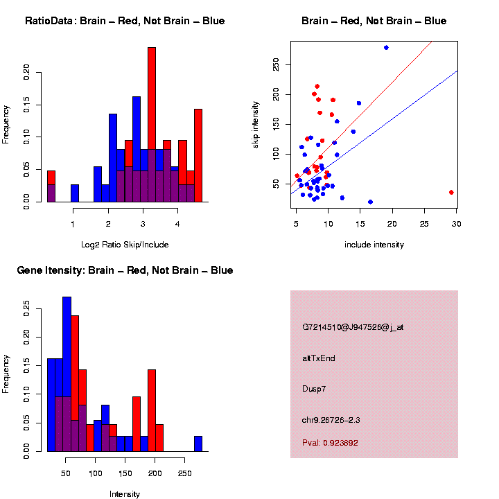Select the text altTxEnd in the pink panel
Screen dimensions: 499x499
[x=318, y=358]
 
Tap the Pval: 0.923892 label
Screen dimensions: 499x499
[x=330, y=442]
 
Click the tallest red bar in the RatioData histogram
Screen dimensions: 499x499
[x=152, y=125]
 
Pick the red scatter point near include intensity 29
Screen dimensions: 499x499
[x=451, y=192]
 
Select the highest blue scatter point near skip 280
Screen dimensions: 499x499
[x=386, y=48]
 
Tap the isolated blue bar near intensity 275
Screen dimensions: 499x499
[x=198, y=444]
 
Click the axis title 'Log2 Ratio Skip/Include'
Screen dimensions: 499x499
[x=125, y=245]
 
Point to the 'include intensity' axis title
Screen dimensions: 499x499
[x=374, y=245]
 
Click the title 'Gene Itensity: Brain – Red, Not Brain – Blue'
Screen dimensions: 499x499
[x=125, y=270]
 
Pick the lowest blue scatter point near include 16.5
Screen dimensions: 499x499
[x=370, y=202]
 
